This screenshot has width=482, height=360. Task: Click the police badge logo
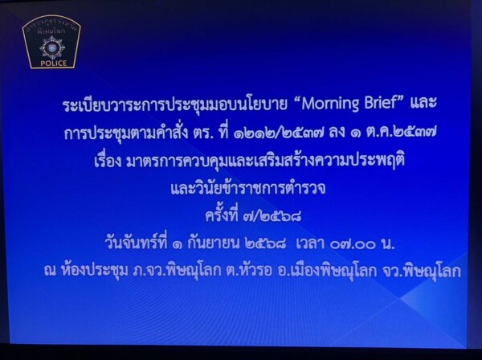click(51, 42)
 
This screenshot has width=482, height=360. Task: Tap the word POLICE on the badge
click(54, 63)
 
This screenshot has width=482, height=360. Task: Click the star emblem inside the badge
click(52, 48)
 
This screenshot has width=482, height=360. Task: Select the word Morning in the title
click(330, 104)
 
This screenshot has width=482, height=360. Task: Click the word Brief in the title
click(381, 104)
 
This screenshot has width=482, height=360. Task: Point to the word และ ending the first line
click(423, 104)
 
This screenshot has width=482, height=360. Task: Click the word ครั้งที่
click(222, 215)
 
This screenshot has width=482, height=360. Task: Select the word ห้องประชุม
click(95, 271)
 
